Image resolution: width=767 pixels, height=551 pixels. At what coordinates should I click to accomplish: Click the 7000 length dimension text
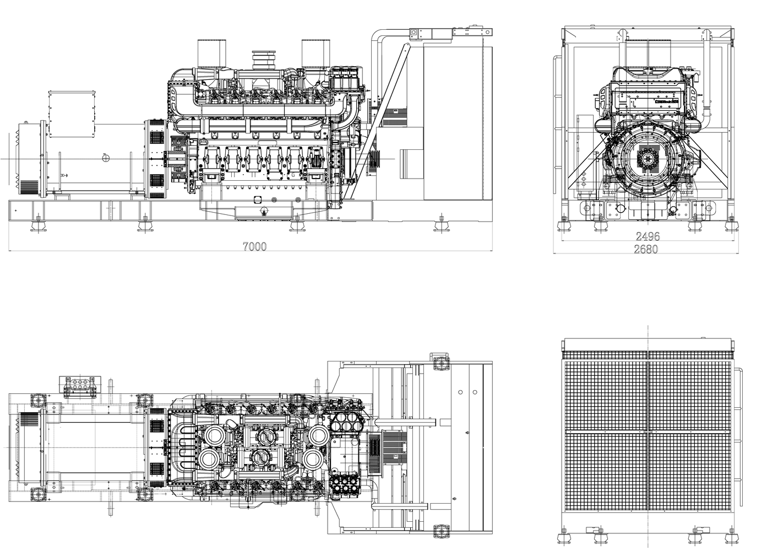pos(254,246)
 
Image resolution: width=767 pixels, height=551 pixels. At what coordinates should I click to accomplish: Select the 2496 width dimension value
pos(648,236)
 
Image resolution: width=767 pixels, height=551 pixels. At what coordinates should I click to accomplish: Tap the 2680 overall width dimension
pos(645,249)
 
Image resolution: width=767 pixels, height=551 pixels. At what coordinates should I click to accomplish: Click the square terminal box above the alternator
pos(66,114)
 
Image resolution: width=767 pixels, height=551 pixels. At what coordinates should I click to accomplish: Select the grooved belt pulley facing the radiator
pos(376,159)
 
